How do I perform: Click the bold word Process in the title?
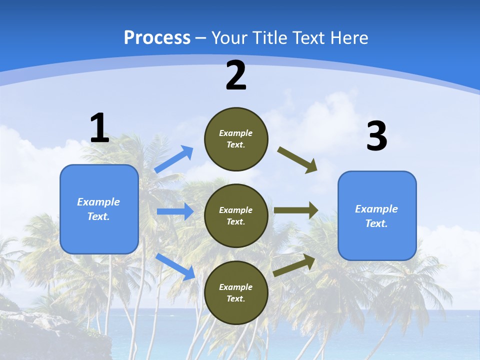pyautogui.click(x=157, y=38)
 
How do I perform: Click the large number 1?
pyautogui.click(x=99, y=128)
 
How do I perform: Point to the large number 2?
pyautogui.click(x=236, y=75)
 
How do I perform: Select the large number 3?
pyautogui.click(x=376, y=137)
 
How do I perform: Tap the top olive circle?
pyautogui.click(x=236, y=139)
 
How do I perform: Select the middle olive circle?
pyautogui.click(x=236, y=215)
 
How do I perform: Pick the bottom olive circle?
pyautogui.click(x=236, y=292)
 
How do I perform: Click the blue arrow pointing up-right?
pyautogui.click(x=174, y=159)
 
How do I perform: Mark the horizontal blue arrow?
pyautogui.click(x=175, y=211)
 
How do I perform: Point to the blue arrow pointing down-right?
pyautogui.click(x=175, y=266)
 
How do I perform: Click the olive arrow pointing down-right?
pyautogui.click(x=297, y=159)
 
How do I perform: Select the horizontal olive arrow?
pyautogui.click(x=296, y=210)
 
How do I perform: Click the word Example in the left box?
pyautogui.click(x=98, y=202)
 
